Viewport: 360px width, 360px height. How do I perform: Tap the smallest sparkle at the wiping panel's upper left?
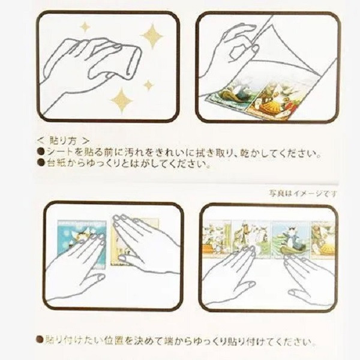click(x=85, y=26)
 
